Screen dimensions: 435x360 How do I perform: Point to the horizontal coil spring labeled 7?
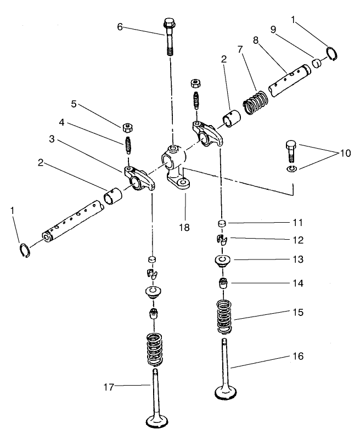pyautogui.click(x=256, y=103)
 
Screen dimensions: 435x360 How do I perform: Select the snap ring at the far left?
pyautogui.click(x=22, y=250)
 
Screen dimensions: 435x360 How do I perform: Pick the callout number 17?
pyautogui.click(x=108, y=387)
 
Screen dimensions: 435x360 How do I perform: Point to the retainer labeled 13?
pyautogui.click(x=223, y=261)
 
